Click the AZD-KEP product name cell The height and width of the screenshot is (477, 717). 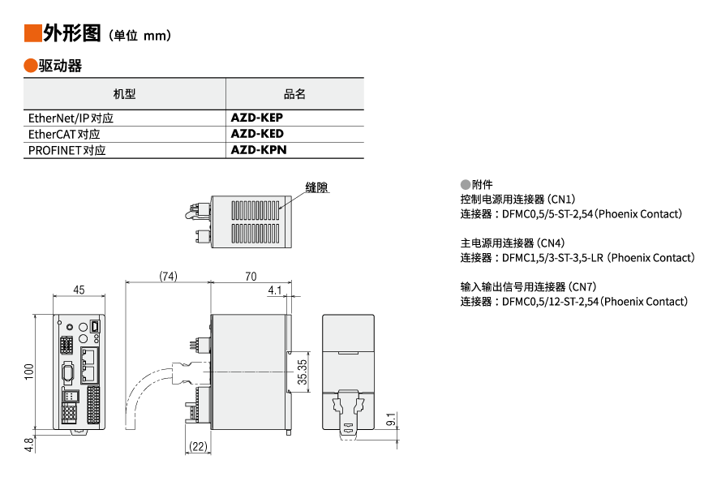256,118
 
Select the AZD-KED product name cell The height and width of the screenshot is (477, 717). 257,134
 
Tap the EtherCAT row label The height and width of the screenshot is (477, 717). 64,134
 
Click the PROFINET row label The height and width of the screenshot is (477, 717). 67,150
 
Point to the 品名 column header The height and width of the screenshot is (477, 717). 294,94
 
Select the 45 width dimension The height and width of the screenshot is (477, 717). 79,290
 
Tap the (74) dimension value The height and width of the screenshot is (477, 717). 168,276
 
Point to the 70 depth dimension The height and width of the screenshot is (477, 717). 251,276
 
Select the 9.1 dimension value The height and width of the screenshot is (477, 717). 391,420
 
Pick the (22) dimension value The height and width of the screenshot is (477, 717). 196,447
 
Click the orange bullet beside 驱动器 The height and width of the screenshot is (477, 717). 31,66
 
